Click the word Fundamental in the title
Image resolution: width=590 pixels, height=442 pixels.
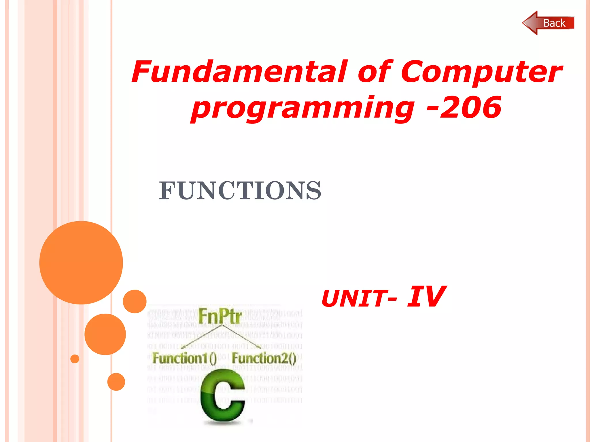pyautogui.click(x=239, y=72)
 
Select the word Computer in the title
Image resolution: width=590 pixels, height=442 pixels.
pyautogui.click(x=481, y=72)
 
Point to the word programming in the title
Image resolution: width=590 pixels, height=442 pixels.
pyautogui.click(x=302, y=108)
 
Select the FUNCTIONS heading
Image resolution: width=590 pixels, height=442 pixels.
pyautogui.click(x=240, y=190)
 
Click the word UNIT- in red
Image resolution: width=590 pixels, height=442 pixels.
pyautogui.click(x=359, y=298)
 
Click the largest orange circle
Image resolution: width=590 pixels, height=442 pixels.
pyautogui.click(x=81, y=262)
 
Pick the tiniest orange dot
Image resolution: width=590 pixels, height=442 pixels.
pyautogui.click(x=75, y=359)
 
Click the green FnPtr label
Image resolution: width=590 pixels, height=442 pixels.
pyautogui.click(x=220, y=316)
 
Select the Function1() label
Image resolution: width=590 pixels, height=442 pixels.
pyautogui.click(x=184, y=358)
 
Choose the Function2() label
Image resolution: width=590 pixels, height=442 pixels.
pyautogui.click(x=264, y=358)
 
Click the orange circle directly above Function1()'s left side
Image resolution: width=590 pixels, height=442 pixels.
pyautogui.click(x=135, y=301)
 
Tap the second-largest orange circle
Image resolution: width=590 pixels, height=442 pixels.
pyautogui.click(x=105, y=334)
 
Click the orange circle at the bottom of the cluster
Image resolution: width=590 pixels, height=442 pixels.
pyautogui.click(x=116, y=382)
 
